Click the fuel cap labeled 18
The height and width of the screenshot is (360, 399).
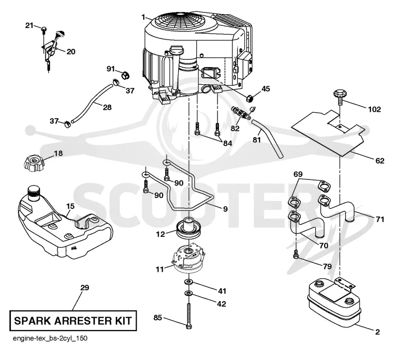(33, 165)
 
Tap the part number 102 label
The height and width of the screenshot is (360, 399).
(375, 110)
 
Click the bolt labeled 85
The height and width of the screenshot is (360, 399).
(189, 315)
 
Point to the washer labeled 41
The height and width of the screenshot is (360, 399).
(189, 282)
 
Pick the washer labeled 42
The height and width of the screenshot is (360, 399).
(189, 293)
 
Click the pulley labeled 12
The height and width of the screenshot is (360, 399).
(189, 228)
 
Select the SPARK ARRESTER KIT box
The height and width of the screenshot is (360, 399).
(73, 321)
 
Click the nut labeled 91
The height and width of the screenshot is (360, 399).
(125, 75)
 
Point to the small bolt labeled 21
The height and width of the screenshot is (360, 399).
(44, 29)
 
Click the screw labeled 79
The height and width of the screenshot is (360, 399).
(296, 254)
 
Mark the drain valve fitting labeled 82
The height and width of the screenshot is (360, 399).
(241, 113)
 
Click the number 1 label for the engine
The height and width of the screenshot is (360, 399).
(143, 17)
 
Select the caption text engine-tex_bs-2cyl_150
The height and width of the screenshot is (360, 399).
(50, 339)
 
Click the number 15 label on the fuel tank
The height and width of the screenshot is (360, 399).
(70, 206)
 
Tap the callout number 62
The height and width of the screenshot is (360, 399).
(380, 161)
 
